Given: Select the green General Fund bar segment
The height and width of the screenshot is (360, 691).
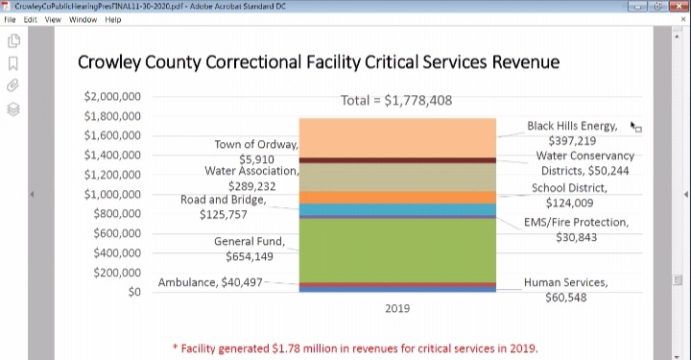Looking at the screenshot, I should tap(396, 251).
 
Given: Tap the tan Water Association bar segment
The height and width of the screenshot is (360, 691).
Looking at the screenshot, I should tap(396, 177).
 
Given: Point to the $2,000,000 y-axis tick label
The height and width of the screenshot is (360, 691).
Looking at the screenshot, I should tap(113, 96).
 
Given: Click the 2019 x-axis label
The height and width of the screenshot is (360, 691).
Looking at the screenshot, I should tap(396, 309).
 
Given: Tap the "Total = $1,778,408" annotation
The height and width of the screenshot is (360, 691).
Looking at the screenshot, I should tap(396, 100).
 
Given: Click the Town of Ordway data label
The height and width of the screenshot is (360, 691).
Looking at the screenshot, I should tap(256, 152).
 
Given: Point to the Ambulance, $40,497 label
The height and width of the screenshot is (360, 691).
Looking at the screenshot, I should tap(209, 282).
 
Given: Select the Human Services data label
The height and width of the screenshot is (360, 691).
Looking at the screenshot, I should tap(565, 290).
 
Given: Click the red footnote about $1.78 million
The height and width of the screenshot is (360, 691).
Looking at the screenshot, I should tap(355, 348).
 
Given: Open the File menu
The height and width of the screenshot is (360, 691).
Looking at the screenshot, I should tap(11, 19).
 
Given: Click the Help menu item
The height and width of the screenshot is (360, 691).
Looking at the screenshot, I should tap(113, 19).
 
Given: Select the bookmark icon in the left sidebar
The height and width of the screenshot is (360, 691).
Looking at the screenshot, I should tap(13, 64).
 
